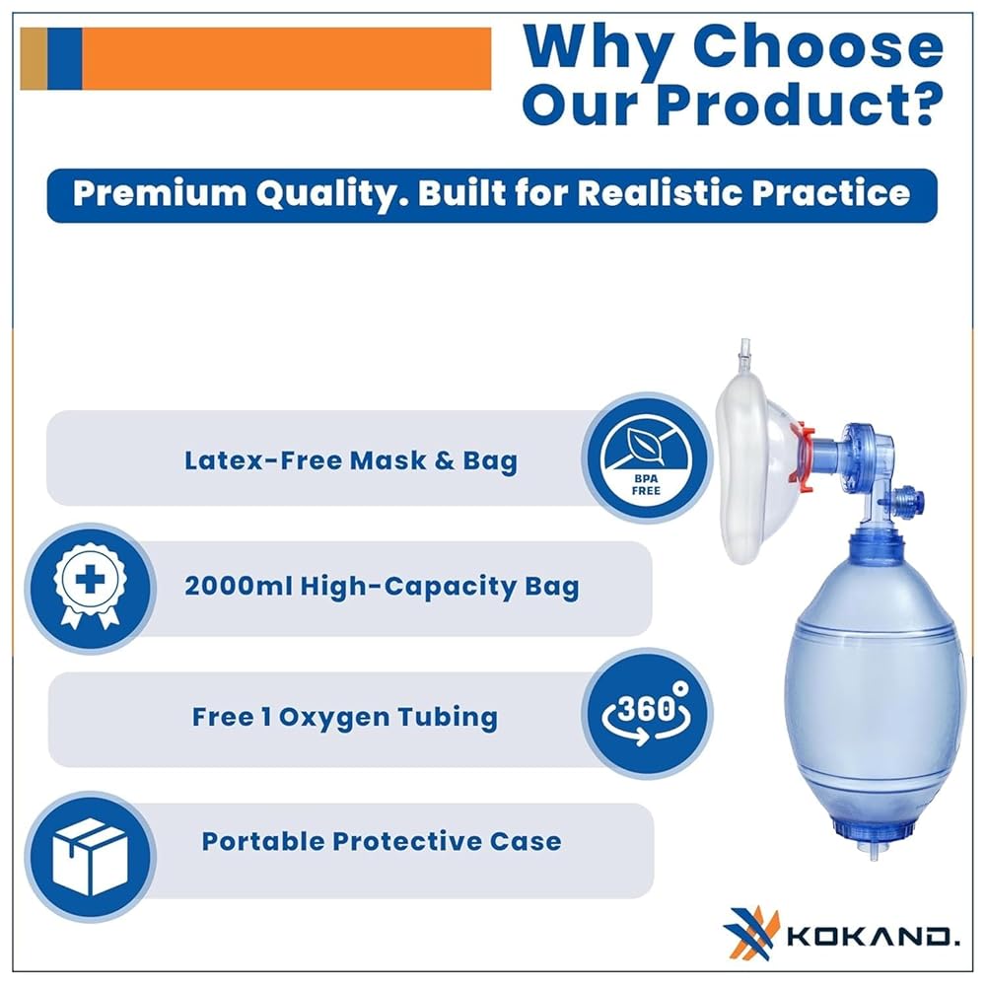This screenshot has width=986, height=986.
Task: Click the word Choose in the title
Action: (x=818, y=47)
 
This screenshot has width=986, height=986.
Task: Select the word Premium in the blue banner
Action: (x=159, y=193)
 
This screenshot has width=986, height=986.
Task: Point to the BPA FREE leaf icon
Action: (x=647, y=458)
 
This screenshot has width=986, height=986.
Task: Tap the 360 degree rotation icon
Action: (x=647, y=713)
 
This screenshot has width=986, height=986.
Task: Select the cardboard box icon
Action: (x=91, y=856)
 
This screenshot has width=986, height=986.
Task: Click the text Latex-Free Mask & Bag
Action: (x=351, y=460)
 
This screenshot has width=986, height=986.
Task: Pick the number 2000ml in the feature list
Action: (x=239, y=586)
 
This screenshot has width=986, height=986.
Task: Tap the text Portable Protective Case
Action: (x=381, y=841)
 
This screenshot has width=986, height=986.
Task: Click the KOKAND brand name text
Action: (x=874, y=937)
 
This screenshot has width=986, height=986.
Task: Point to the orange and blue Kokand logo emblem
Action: (x=750, y=932)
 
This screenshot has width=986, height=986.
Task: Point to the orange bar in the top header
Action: (x=286, y=58)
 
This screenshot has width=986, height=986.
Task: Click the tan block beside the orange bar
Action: (x=34, y=58)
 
